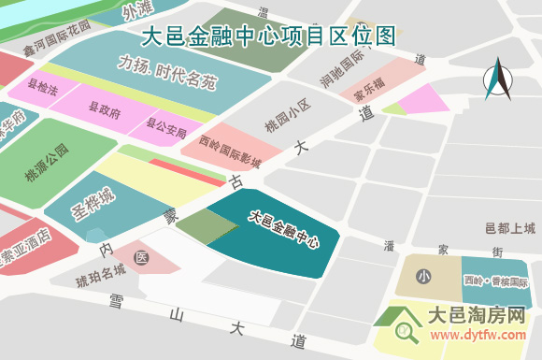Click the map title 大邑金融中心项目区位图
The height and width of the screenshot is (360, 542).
pos(268,36)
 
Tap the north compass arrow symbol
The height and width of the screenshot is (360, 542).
pos(499,79)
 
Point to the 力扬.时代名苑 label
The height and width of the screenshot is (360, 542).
pos(167,73)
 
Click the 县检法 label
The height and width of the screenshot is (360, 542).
pos(43,90)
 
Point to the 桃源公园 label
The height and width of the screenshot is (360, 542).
pos(47,165)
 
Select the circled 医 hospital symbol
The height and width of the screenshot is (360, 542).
pos(142,256)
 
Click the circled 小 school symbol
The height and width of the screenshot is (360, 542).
pos(423,277)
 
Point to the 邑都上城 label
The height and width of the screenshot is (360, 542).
pos(511,228)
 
